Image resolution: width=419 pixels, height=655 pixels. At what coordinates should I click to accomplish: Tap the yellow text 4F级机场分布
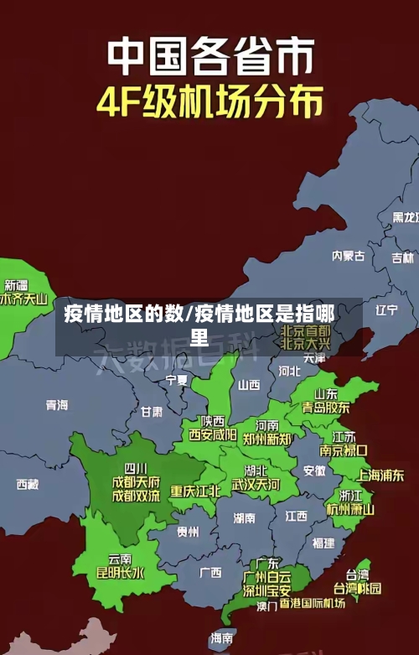point(209,103)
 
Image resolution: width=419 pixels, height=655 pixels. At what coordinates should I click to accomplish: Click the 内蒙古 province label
point(348,232)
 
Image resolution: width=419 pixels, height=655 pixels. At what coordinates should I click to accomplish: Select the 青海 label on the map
point(57,405)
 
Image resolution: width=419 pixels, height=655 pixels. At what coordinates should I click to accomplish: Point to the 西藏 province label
point(28,484)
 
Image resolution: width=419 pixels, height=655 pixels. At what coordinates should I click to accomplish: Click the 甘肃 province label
point(152,412)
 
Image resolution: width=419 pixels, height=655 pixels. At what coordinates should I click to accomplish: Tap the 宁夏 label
point(177,380)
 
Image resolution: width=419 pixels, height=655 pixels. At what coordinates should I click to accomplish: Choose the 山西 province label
point(249,385)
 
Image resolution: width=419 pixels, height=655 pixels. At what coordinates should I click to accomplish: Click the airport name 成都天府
point(136,481)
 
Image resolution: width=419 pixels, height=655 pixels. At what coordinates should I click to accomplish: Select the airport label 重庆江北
point(195,491)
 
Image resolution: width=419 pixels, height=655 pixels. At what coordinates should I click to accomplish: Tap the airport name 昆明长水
point(120,574)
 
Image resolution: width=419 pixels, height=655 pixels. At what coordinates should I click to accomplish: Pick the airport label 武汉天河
point(256,485)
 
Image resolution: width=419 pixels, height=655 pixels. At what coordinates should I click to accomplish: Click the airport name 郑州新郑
point(266,439)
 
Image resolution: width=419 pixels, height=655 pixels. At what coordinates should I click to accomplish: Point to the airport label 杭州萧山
point(350,509)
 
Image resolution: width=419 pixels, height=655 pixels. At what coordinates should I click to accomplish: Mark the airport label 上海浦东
point(380,475)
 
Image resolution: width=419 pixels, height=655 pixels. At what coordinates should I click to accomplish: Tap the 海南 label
point(222,638)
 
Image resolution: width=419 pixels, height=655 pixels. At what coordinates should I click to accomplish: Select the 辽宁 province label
point(386,309)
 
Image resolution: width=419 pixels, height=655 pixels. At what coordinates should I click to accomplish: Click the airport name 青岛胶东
point(326,408)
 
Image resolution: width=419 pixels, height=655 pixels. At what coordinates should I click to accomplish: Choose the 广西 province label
point(210,573)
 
